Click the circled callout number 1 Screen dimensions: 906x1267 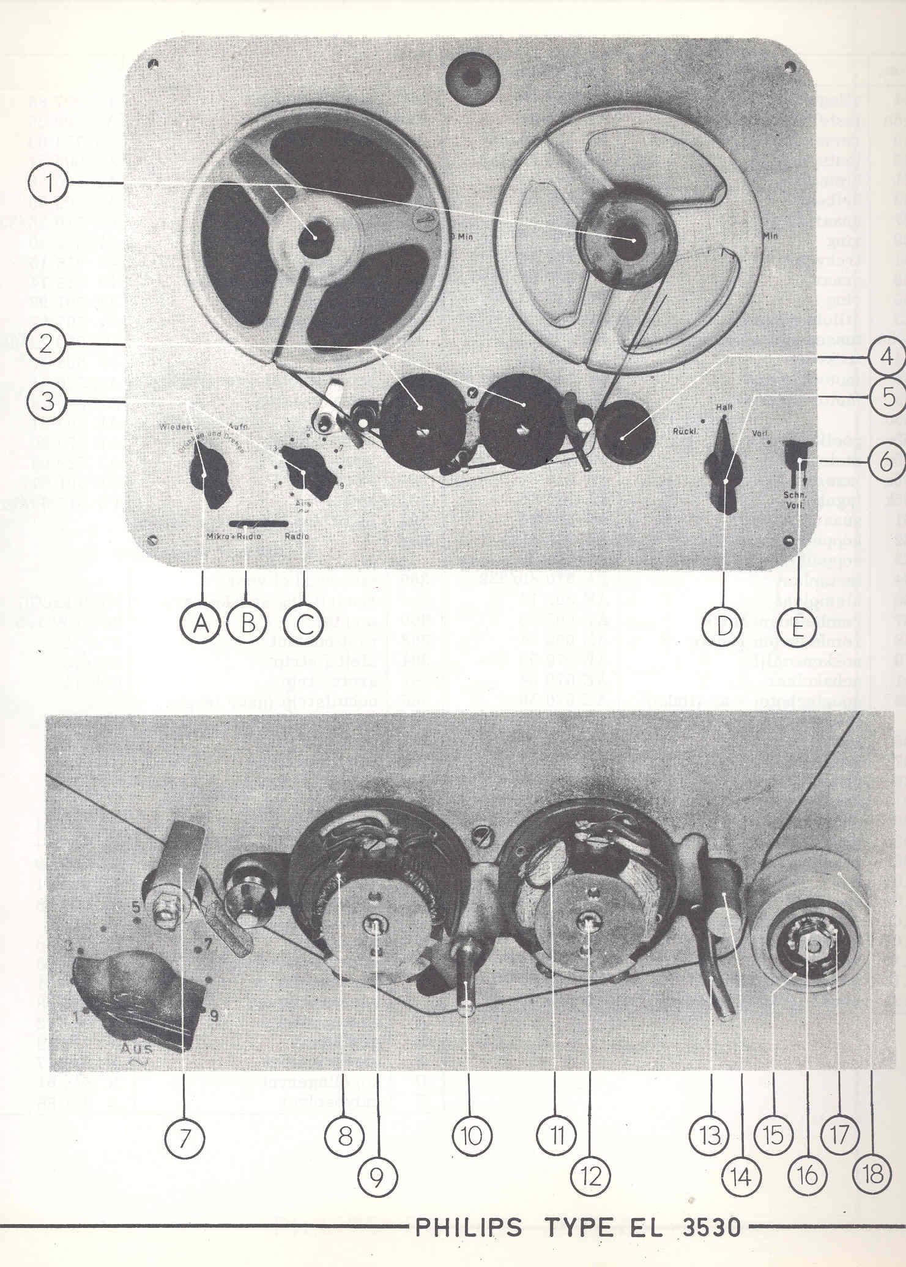[48, 183]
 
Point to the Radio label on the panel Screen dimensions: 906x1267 [297, 536]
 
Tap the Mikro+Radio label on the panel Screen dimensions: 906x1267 [233, 536]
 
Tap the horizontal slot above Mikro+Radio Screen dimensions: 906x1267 [259, 524]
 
